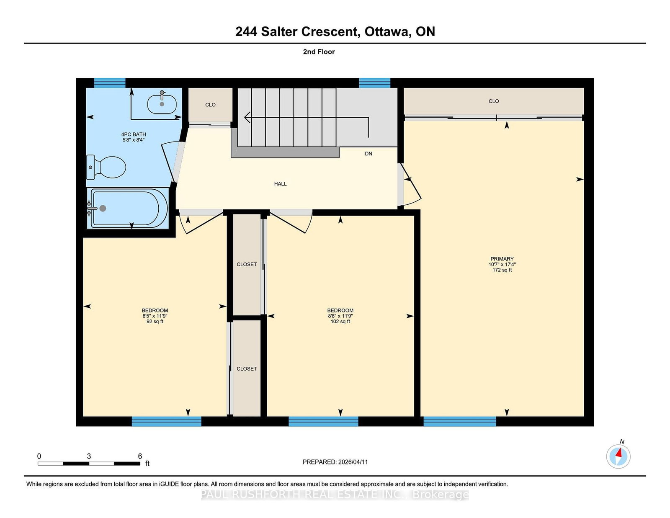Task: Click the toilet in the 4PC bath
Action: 106,167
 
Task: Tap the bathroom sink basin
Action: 162,104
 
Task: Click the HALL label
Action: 280,184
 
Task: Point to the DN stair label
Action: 368,154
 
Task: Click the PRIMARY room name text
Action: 502,259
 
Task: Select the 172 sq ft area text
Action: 502,270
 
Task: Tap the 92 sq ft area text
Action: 155,321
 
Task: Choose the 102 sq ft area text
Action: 340,321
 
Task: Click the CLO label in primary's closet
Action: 494,101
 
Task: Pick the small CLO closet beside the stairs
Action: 210,105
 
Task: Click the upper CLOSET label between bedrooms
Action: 247,264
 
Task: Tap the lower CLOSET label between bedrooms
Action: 247,369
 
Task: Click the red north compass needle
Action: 618,452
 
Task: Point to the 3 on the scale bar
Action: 89,456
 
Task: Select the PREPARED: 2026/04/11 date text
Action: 335,462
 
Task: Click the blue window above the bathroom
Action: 110,83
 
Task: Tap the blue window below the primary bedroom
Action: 460,422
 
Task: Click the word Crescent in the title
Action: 330,31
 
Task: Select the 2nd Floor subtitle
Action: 319,52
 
